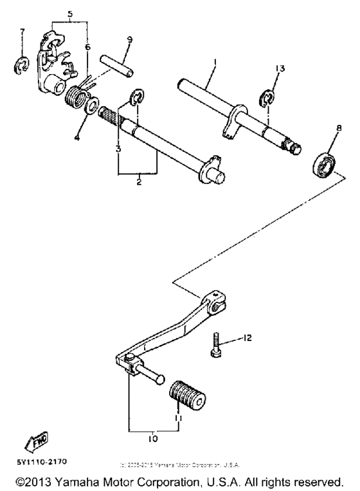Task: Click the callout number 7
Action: point(22,32)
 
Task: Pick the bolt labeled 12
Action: point(217,346)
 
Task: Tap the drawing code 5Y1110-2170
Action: point(37,461)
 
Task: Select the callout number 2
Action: point(138,183)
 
